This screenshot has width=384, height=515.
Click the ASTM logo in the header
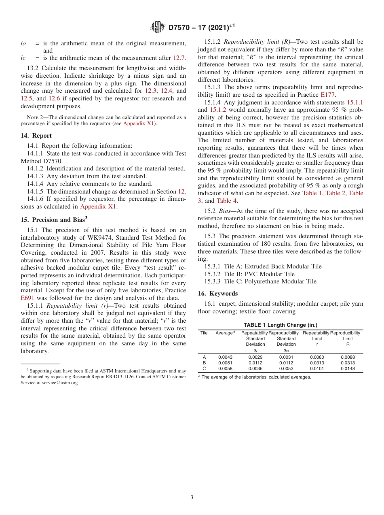click(x=157, y=27)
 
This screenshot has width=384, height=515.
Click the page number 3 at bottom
click(x=192, y=497)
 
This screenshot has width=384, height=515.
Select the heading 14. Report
click(x=36, y=136)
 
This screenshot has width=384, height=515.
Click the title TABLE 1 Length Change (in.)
click(x=281, y=325)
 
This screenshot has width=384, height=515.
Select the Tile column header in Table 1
click(x=204, y=333)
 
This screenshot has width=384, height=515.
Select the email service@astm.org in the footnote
click(x=59, y=383)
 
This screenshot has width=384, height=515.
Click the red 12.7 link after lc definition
click(x=179, y=58)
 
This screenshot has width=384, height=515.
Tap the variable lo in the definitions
click(x=23, y=43)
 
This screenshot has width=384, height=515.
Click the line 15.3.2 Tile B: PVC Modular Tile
click(x=249, y=274)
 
